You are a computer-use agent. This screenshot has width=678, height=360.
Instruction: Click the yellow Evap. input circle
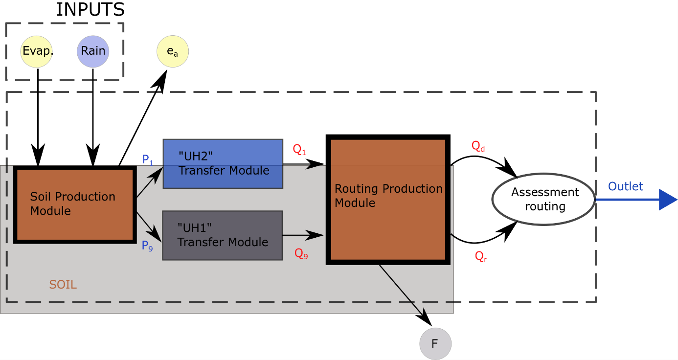37,51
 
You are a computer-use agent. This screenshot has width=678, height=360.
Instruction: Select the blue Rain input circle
93,51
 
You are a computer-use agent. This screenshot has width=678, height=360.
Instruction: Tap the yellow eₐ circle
172,51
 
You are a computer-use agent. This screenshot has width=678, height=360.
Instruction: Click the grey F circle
435,344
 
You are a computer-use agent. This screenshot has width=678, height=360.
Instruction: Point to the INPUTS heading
90,9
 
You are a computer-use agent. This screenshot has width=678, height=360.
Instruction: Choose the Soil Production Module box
75,204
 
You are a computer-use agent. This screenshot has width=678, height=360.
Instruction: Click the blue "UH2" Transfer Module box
223,164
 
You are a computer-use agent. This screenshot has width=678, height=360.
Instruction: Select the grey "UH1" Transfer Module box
223,235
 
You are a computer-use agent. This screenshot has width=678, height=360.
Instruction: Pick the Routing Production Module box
388,201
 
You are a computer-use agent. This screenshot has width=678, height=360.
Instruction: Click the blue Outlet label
625,186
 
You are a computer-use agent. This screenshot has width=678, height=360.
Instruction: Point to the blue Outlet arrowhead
667,200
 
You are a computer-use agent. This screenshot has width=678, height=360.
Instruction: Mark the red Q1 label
299,149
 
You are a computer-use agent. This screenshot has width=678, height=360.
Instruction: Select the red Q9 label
301,253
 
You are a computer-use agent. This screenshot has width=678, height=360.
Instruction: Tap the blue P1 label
147,159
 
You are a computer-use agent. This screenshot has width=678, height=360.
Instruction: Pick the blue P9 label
147,246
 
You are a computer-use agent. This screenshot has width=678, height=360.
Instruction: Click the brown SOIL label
63,284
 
